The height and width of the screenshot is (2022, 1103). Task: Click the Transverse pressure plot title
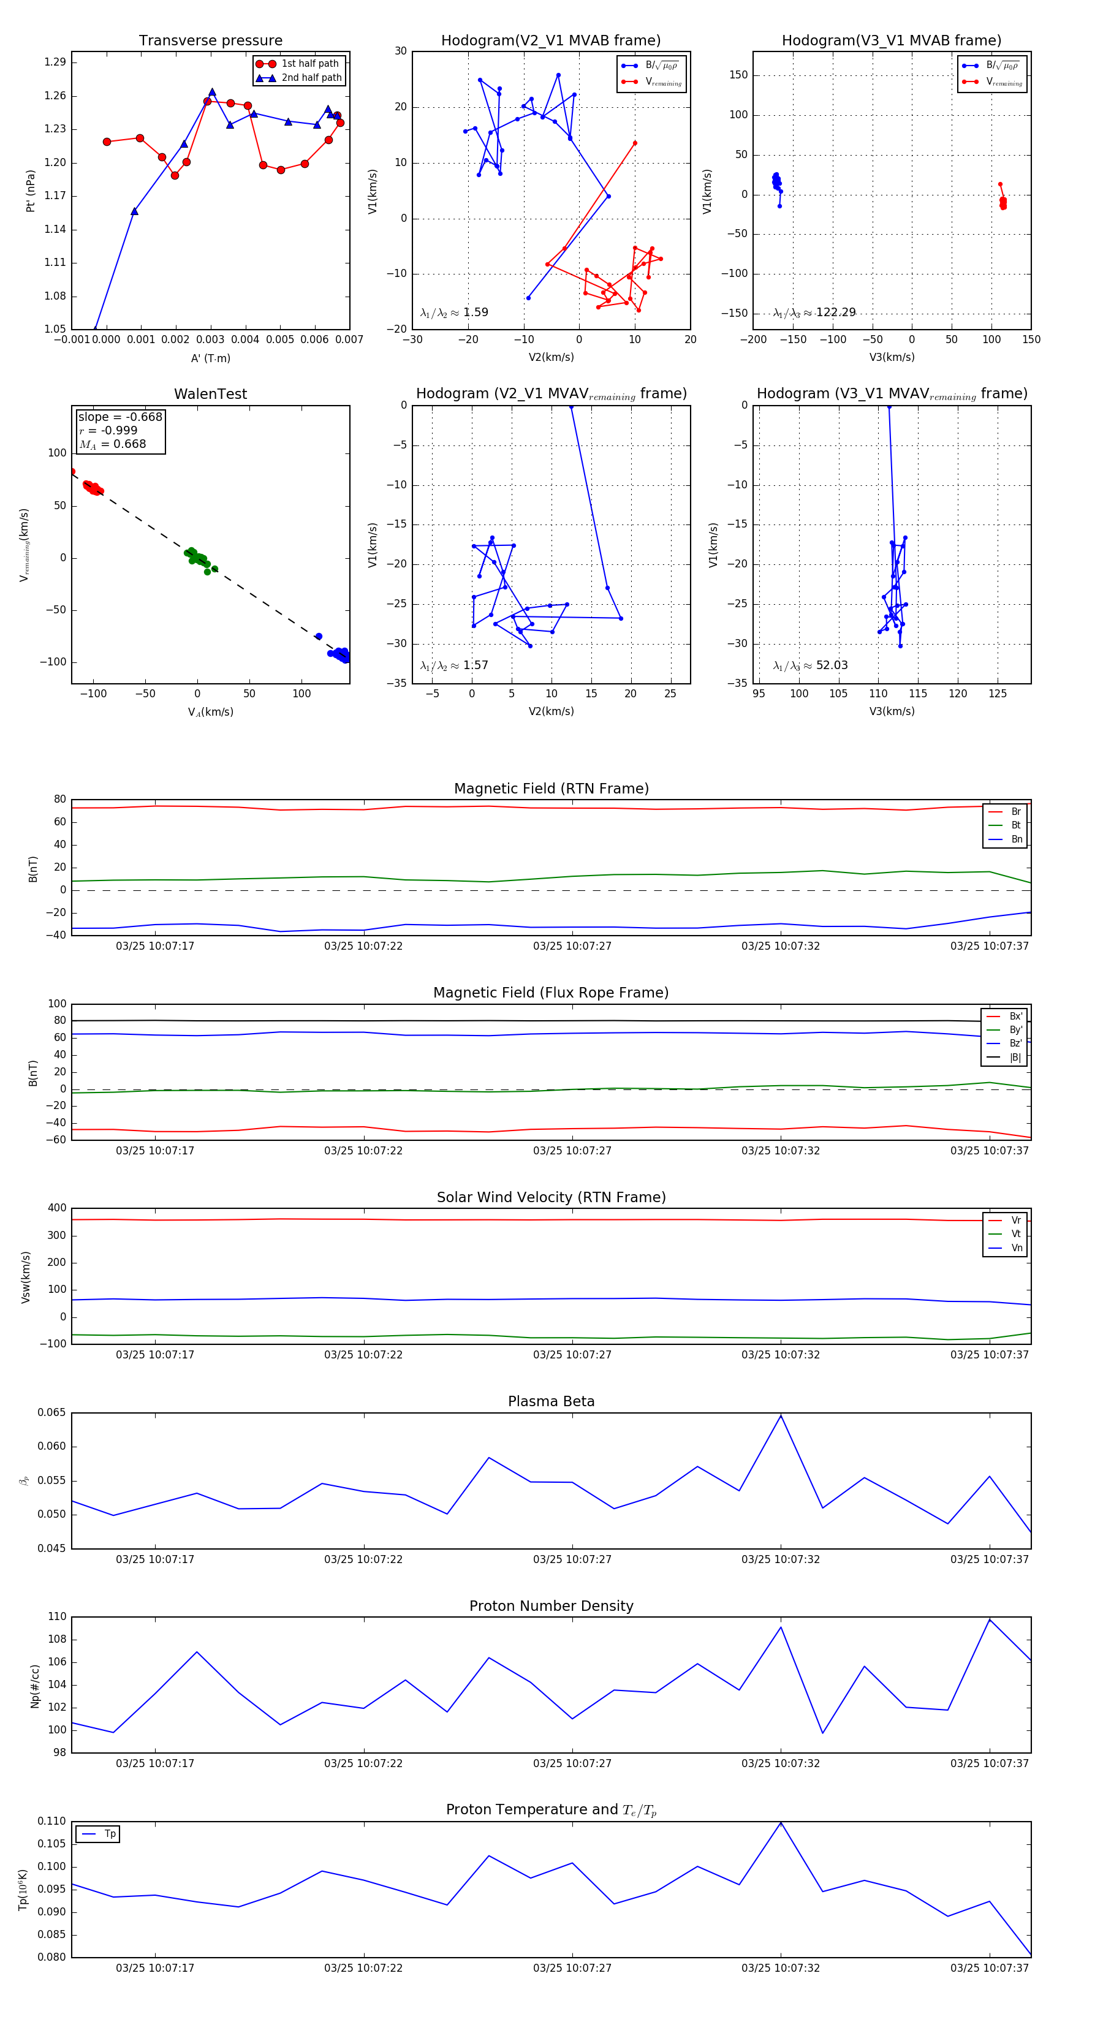pos(210,41)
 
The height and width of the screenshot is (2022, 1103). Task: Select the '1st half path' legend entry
pos(309,64)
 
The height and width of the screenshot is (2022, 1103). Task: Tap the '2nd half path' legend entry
pos(311,78)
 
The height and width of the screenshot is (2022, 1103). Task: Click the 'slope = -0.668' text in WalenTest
pos(120,417)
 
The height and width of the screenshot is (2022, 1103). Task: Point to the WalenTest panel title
pos(210,394)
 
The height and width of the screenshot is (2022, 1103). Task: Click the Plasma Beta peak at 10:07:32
pos(780,1415)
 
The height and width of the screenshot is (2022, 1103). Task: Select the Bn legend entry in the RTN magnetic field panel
pos(1016,839)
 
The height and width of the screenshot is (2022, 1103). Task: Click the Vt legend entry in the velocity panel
pos(1016,1234)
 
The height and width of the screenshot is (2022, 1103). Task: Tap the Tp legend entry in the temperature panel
pos(109,1834)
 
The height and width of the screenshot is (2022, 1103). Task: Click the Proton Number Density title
pos(551,1606)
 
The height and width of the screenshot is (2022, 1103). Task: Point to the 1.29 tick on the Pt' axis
pos(55,62)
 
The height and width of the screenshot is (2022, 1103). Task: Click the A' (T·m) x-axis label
pos(210,358)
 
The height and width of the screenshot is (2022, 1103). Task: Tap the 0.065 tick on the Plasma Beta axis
pos(52,1413)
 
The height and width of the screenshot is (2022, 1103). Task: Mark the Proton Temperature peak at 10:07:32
pos(780,1823)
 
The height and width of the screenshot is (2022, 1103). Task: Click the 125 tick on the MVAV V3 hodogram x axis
pos(997,693)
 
